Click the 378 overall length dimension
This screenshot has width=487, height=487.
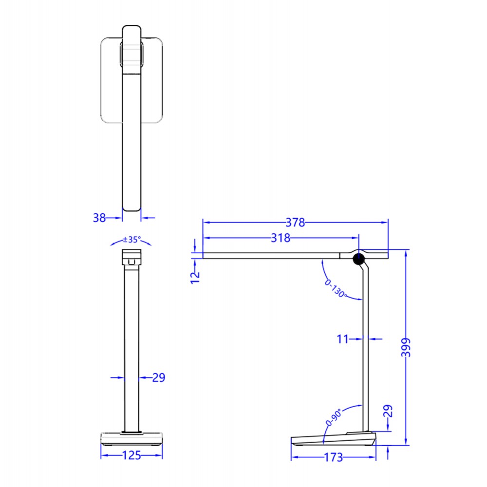click(x=295, y=223)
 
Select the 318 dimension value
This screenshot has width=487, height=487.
click(x=281, y=238)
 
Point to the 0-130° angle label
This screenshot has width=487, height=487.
click(x=335, y=288)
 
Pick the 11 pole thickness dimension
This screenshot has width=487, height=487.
click(x=343, y=338)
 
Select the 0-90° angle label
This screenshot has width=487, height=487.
click(x=334, y=418)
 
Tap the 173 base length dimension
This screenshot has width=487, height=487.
click(x=333, y=457)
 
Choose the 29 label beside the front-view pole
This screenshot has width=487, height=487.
click(x=158, y=377)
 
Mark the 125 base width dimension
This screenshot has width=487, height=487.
click(x=131, y=456)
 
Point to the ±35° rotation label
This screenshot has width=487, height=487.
click(x=131, y=239)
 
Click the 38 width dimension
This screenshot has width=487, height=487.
click(x=99, y=218)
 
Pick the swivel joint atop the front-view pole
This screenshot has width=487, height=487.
click(x=131, y=258)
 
